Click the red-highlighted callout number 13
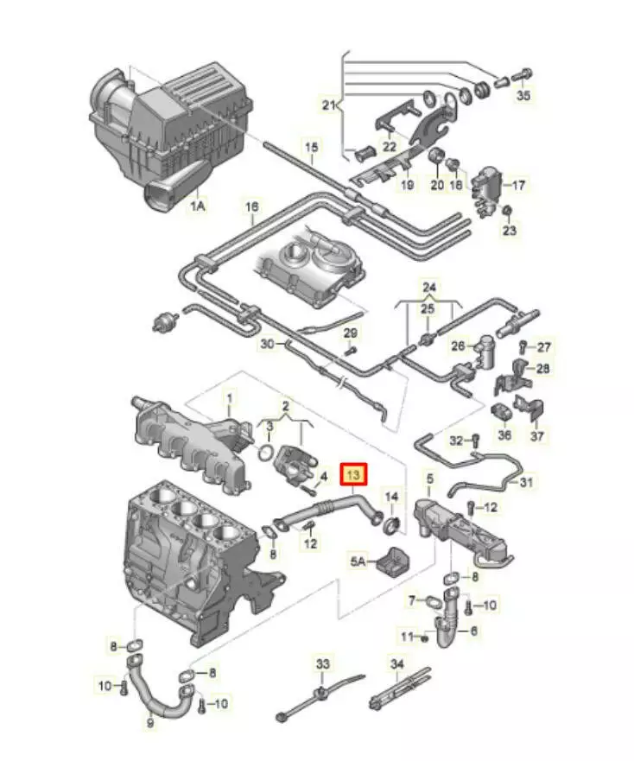coord(355,474)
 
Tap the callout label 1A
coord(198,206)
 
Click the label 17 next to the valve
coord(517,185)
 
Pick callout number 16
coord(251,207)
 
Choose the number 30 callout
coord(267,344)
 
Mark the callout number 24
coord(429,286)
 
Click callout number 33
coord(322,664)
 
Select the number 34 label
coord(397,664)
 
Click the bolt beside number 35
coord(524,75)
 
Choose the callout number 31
coord(527,482)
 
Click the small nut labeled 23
coord(509,212)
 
